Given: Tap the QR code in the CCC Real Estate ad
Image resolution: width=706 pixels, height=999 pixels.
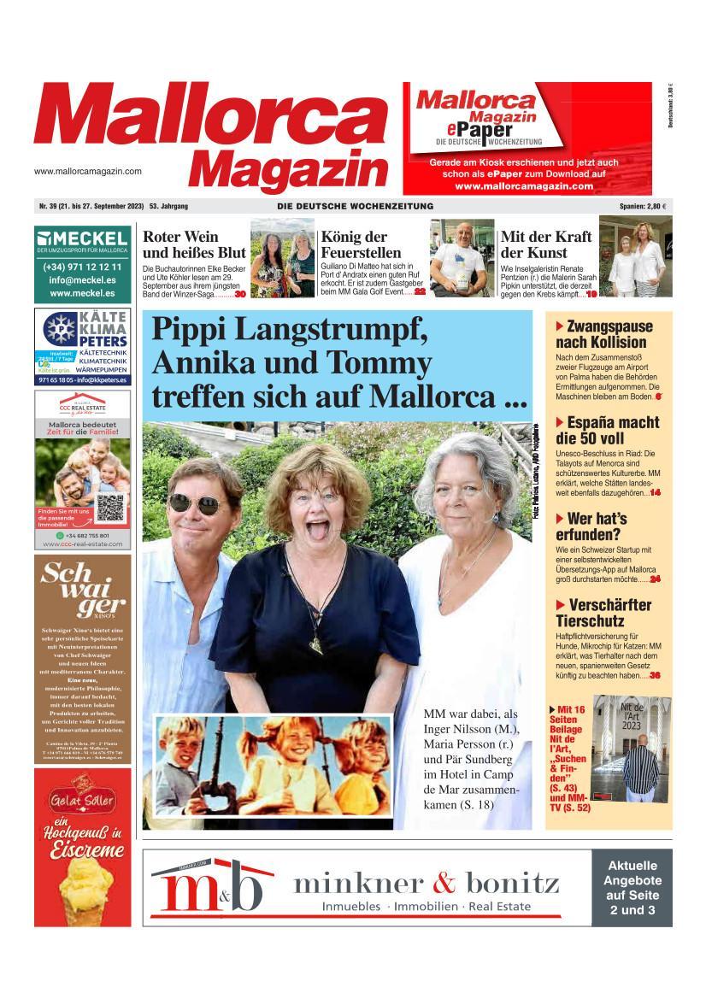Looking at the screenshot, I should (110, 508).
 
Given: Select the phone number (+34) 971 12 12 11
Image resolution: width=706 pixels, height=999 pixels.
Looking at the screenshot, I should (83, 267).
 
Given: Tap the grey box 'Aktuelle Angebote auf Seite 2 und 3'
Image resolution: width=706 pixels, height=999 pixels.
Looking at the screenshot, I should (632, 888).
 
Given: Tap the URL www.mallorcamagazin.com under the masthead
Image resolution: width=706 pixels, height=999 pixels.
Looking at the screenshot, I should (88, 171).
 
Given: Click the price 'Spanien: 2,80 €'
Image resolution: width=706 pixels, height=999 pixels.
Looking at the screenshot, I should (643, 207).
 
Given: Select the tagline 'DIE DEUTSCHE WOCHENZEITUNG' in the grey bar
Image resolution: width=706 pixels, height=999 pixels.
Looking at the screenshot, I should (355, 207).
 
